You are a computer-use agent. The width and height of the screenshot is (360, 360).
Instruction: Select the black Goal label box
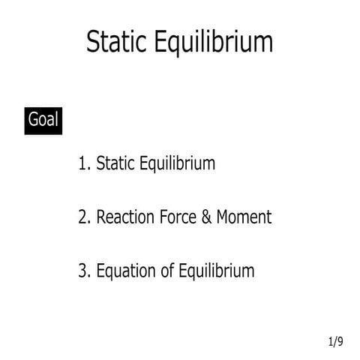click(x=43, y=119)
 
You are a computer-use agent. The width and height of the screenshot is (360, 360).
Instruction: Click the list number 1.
click(x=82, y=163)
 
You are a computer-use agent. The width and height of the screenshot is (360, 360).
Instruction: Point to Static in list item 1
click(x=116, y=163)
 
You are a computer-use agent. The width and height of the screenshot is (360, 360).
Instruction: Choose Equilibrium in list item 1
click(x=178, y=164)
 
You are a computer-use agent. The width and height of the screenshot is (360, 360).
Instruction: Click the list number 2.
click(x=82, y=217)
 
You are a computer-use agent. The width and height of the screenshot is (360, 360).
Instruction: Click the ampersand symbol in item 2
click(x=208, y=217)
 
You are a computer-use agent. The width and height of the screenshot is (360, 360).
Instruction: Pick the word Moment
click(x=244, y=217)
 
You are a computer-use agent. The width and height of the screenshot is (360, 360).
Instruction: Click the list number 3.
click(x=82, y=271)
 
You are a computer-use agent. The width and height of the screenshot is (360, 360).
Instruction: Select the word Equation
click(x=127, y=271)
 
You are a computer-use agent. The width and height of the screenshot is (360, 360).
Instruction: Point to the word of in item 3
click(x=168, y=271)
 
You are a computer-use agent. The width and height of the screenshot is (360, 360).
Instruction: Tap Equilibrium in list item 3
click(x=217, y=271)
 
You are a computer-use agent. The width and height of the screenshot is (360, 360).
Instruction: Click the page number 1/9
click(x=335, y=342)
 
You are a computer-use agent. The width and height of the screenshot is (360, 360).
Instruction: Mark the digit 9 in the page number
click(x=340, y=342)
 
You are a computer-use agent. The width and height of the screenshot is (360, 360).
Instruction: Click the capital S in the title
click(x=93, y=42)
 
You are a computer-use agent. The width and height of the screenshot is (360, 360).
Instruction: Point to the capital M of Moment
click(x=223, y=217)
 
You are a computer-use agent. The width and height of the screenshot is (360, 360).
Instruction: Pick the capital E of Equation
click(x=100, y=271)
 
